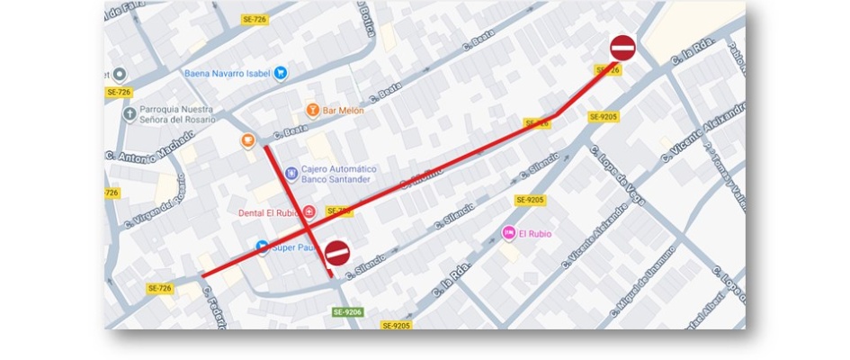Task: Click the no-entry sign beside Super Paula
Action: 337,253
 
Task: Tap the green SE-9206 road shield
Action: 347,312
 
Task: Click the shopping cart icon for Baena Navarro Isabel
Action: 281,73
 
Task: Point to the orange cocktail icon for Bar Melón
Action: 312,110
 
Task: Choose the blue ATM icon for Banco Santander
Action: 290,173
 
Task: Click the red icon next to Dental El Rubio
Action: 309,212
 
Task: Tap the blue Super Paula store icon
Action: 262,247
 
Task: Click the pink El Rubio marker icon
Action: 508,234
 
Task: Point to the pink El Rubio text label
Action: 534,234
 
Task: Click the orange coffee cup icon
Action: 247,140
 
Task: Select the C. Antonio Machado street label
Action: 149,147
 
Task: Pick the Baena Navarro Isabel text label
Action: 228,74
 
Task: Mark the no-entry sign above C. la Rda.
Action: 623,48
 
